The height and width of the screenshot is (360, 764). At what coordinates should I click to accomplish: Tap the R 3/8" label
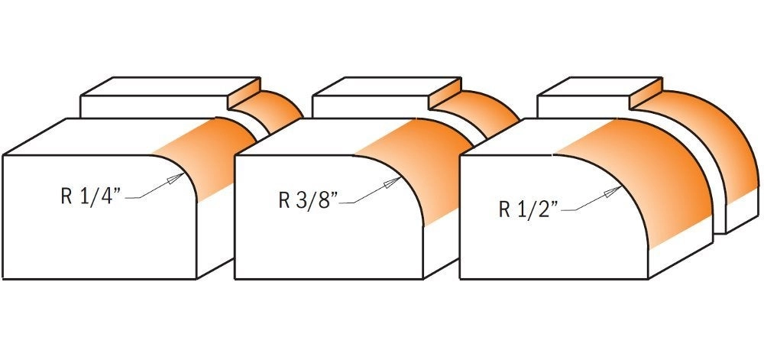306,202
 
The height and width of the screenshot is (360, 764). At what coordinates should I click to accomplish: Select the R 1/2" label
526,210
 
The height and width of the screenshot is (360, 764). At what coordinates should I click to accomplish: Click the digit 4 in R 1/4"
107,196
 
